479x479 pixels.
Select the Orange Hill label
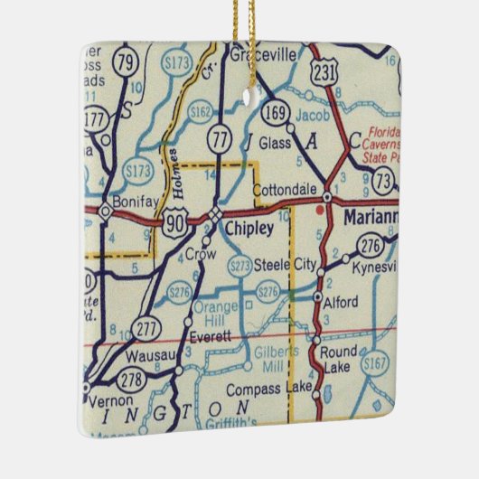[213, 314]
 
